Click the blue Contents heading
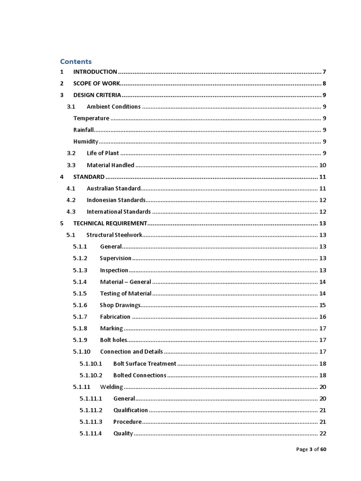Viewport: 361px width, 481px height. pos(76,62)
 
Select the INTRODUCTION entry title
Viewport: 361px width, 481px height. pos(95,72)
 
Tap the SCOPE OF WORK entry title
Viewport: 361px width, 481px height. pos(97,84)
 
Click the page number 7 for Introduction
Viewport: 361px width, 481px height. pos(324,72)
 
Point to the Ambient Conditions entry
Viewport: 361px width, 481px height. pos(113,107)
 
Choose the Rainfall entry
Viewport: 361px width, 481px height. pos(84,130)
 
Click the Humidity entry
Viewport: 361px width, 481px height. pos(86,142)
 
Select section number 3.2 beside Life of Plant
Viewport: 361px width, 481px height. pos(71,153)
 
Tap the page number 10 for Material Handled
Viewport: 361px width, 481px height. pos(322,165)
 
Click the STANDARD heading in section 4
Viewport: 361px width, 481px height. pos(89,177)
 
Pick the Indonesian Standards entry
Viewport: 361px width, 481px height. pos(116,200)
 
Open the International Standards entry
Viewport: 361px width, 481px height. pos(118,212)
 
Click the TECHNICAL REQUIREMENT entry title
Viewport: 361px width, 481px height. pos(110,224)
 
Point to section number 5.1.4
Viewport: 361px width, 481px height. pos(80,282)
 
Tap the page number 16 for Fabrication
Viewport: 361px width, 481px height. pos(322,317)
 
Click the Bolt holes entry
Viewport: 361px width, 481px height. pos(113,340)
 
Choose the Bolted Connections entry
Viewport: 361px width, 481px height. pos(140,375)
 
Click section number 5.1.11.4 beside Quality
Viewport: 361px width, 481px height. pos(91,434)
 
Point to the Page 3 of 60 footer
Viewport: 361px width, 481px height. pos(311,450)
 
